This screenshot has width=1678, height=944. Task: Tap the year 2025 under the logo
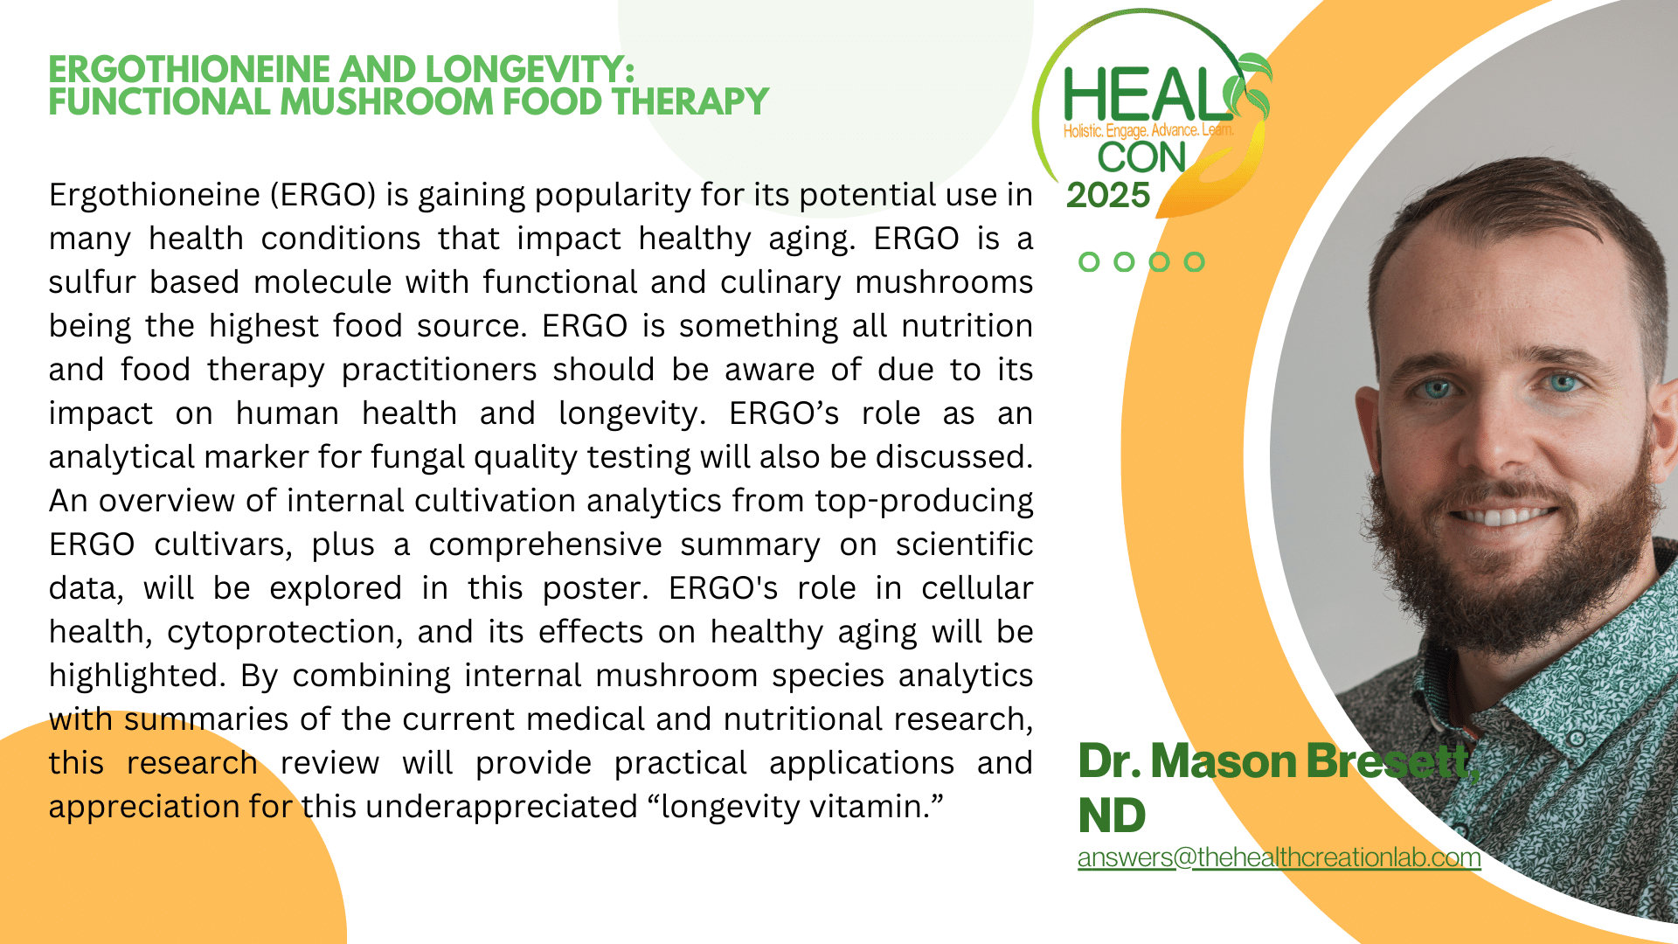1108,196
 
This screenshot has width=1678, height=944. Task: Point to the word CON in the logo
1141,158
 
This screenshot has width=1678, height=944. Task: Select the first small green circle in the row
1089,261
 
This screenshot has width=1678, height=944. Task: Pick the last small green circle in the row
1194,261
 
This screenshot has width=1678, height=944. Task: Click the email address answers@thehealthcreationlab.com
1279,857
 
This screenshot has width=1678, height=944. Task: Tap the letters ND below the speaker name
1112,816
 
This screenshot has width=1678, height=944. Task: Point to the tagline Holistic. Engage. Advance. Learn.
1148,131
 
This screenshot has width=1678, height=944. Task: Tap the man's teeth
1503,517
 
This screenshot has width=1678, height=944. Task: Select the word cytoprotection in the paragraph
285,633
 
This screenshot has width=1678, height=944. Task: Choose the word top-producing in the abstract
924,502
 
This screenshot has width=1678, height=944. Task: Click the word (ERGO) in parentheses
322,195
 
